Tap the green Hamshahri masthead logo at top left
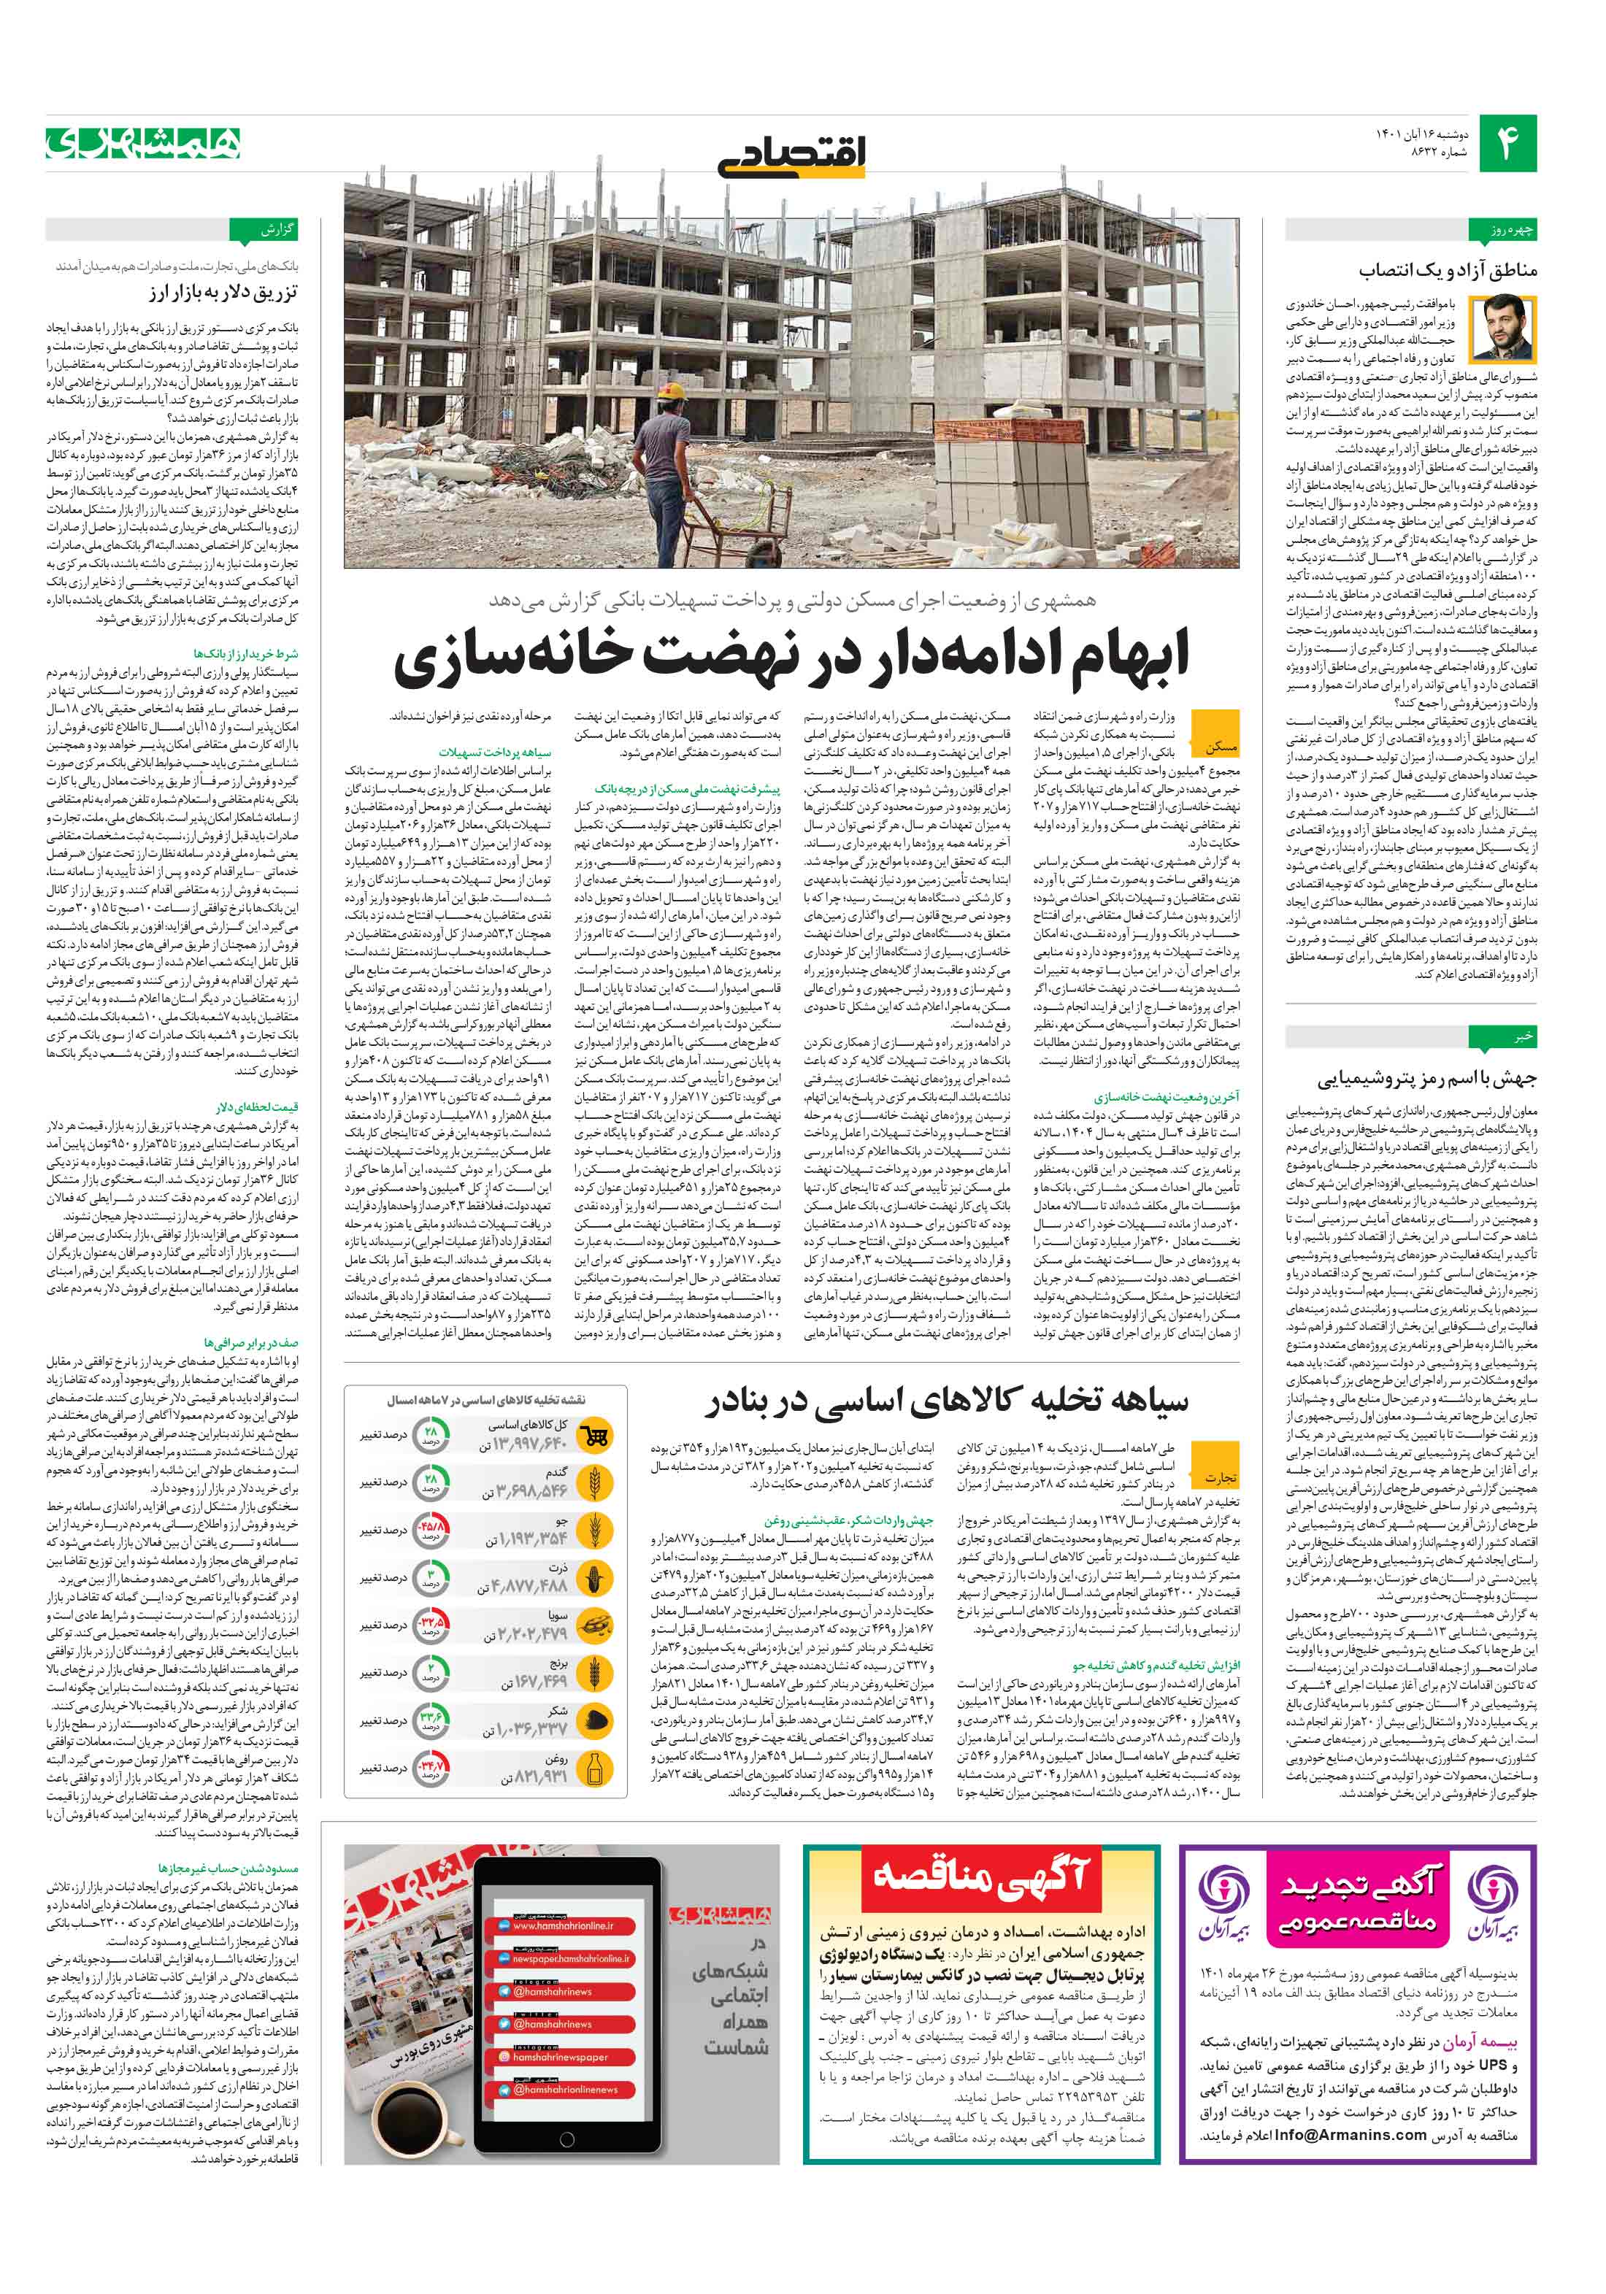click(143, 144)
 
